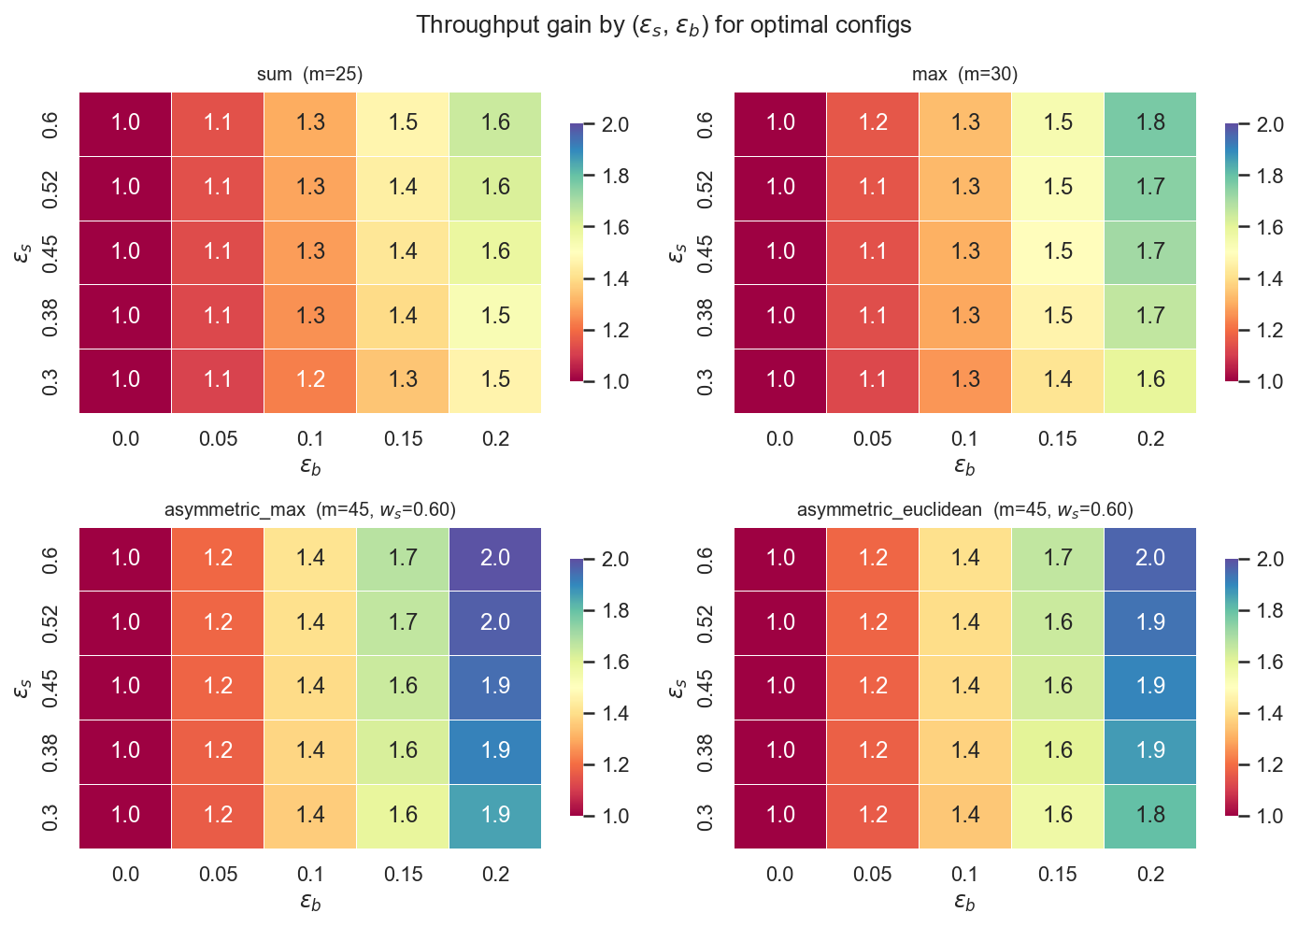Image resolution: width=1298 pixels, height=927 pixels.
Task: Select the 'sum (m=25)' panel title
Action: point(309,74)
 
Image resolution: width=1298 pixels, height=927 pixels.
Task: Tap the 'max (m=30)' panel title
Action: point(964,74)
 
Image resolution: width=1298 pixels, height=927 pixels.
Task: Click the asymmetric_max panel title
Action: point(309,509)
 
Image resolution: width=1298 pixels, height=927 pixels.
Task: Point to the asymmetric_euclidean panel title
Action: point(964,509)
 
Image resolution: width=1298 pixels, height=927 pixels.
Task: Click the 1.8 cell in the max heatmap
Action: point(1150,123)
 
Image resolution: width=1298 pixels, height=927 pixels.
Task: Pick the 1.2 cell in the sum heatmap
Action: point(310,379)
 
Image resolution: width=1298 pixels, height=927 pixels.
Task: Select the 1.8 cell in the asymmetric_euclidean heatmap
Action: point(1150,815)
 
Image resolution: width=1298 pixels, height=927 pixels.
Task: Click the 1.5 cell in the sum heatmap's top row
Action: point(403,123)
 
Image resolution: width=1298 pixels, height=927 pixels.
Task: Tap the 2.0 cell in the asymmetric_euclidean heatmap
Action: point(1150,558)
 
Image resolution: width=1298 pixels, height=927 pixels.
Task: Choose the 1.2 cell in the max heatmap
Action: point(873,123)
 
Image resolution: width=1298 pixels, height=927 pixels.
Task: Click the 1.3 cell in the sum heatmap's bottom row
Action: point(403,379)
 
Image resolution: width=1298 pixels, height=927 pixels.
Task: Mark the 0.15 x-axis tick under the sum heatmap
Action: point(403,438)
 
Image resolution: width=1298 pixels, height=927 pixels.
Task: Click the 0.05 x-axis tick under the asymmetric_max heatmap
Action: point(218,874)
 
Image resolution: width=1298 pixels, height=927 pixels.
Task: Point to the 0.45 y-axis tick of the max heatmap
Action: point(706,251)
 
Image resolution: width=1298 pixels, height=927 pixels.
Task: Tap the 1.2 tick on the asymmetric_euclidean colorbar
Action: point(1268,764)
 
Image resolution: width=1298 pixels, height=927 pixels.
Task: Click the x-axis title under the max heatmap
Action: point(964,465)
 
